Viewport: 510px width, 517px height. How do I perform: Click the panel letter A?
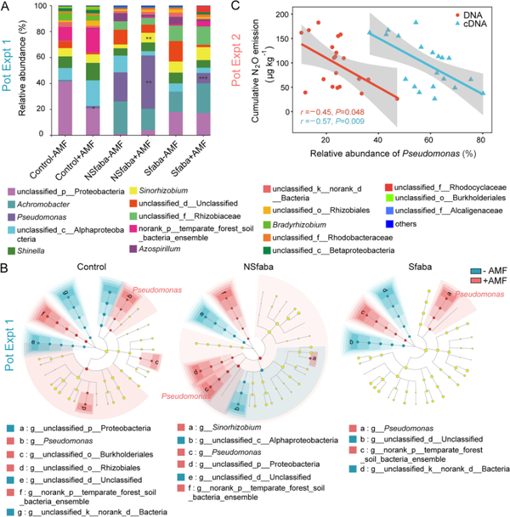(x=7, y=8)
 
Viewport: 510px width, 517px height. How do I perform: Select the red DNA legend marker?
(x=443, y=14)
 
